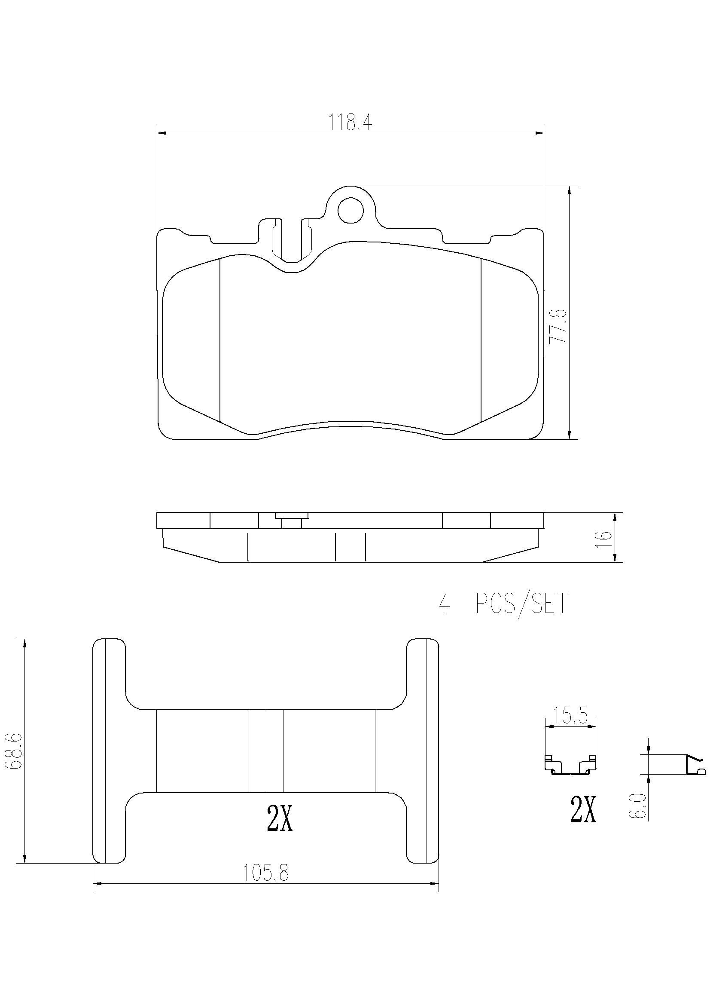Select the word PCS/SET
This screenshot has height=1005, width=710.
521,604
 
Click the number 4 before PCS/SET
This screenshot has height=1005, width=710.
444,604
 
